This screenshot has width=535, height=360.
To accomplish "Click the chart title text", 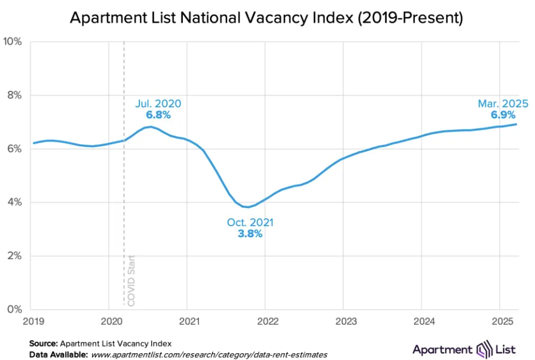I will pos(266,18).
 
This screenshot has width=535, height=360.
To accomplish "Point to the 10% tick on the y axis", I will pos(13,42).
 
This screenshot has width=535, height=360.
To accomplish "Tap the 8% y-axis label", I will pos(14,95).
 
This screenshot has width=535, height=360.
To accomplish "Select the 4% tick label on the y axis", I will pos(14,202).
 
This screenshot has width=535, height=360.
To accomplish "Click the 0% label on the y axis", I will pos(14,310).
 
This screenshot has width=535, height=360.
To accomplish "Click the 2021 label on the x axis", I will pos(187,322).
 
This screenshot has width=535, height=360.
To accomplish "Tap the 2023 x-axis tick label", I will pos(343,322).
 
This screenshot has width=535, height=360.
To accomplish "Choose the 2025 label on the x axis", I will pos(499,322).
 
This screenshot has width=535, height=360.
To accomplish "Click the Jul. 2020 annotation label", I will pos(158,103).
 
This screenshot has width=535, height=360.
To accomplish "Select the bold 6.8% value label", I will pos(158,114).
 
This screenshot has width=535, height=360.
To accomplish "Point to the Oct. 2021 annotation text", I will pos(250,222).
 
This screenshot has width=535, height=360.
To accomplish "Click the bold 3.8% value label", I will pos(250,233).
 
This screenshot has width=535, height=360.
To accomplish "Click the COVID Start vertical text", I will pos(131,281).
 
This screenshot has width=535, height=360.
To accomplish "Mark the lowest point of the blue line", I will pos(247,207).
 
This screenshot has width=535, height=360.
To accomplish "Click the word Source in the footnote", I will pos(43,343).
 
